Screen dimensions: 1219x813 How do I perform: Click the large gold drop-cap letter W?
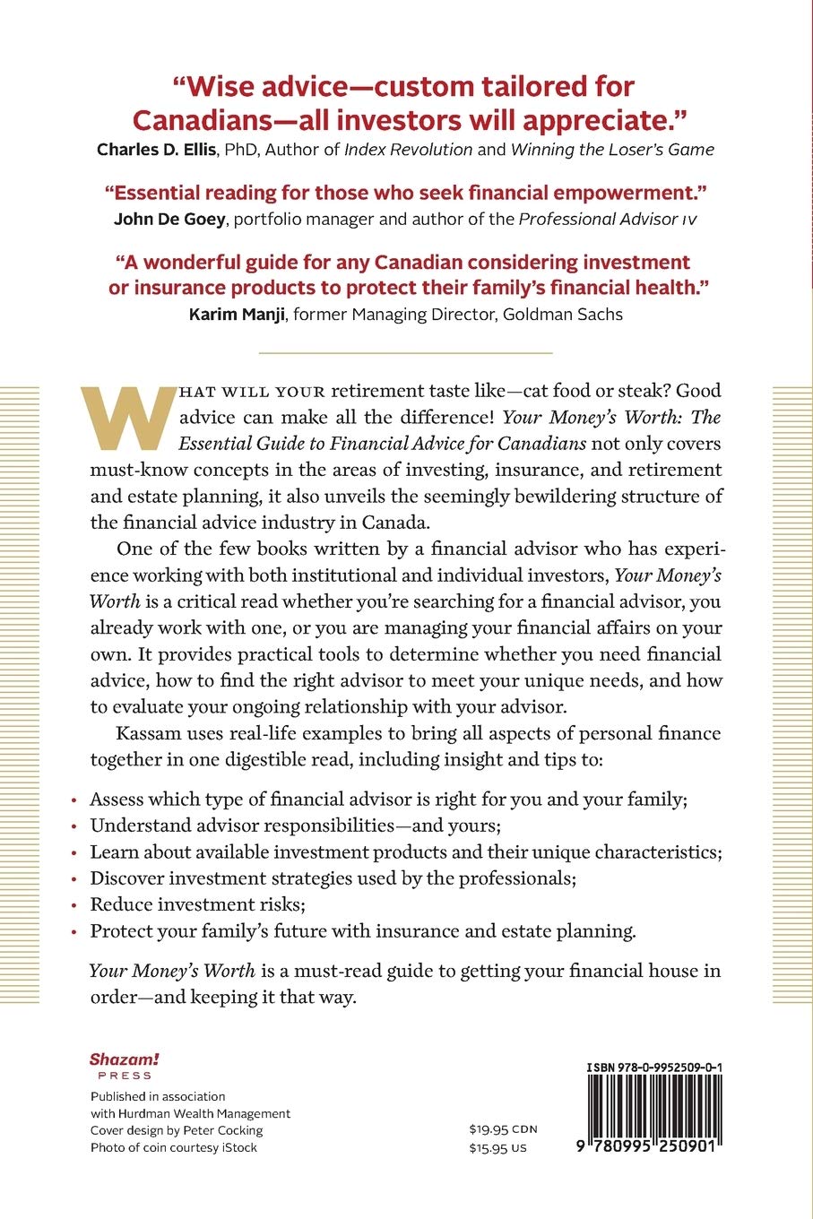click(129, 418)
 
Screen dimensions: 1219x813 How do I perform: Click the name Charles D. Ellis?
click(157, 150)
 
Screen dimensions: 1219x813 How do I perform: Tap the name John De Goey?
click(169, 219)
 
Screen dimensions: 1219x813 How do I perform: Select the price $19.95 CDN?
click(502, 1129)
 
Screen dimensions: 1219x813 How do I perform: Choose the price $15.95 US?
click(497, 1147)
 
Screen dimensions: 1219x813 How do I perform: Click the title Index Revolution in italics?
click(408, 150)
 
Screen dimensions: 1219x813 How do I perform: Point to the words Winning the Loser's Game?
click(612, 150)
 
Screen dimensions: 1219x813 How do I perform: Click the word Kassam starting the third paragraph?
click(148, 733)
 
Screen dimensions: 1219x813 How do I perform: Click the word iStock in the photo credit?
click(238, 1147)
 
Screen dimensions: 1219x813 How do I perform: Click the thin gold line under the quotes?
click(405, 353)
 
